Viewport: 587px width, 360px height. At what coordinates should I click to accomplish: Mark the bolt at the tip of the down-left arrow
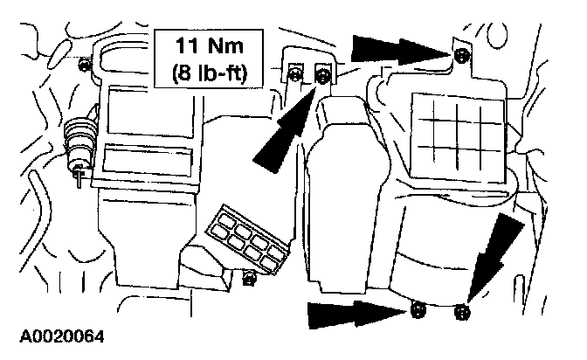(462, 310)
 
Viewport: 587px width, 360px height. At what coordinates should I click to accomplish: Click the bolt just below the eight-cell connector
(249, 280)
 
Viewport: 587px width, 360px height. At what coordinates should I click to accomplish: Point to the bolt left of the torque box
(83, 66)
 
